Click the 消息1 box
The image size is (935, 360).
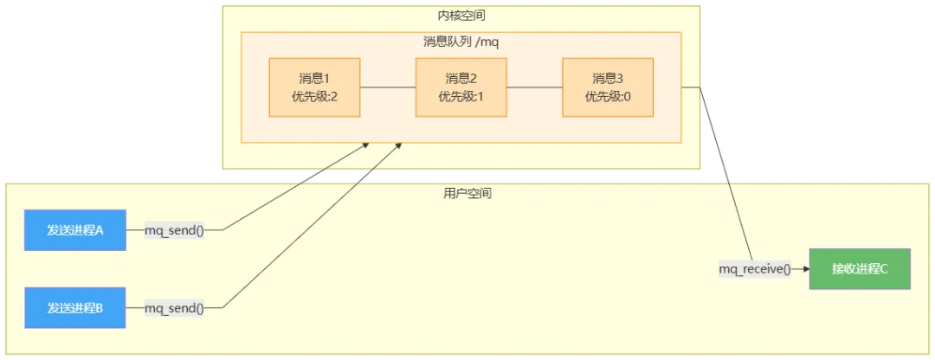(314, 87)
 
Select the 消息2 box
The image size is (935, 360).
(461, 87)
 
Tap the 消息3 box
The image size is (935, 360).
(607, 87)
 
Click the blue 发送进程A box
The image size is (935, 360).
(75, 230)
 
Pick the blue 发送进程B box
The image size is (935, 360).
(75, 307)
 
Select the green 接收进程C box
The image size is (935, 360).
(860, 268)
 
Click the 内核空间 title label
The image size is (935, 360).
(461, 16)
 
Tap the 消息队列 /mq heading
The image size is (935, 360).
(461, 42)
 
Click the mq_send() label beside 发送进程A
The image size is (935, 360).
(174, 230)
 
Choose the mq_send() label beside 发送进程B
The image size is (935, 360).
(174, 307)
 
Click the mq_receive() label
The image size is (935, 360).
(755, 269)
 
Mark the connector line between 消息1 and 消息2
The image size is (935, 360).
(388, 87)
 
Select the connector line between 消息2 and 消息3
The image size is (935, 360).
(534, 87)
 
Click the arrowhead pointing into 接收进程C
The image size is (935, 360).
(806, 269)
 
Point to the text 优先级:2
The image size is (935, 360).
(314, 96)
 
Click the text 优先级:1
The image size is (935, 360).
(461, 96)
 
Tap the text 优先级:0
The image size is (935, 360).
(607, 96)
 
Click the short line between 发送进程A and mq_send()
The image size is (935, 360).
(135, 230)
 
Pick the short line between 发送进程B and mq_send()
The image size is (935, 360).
(135, 307)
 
